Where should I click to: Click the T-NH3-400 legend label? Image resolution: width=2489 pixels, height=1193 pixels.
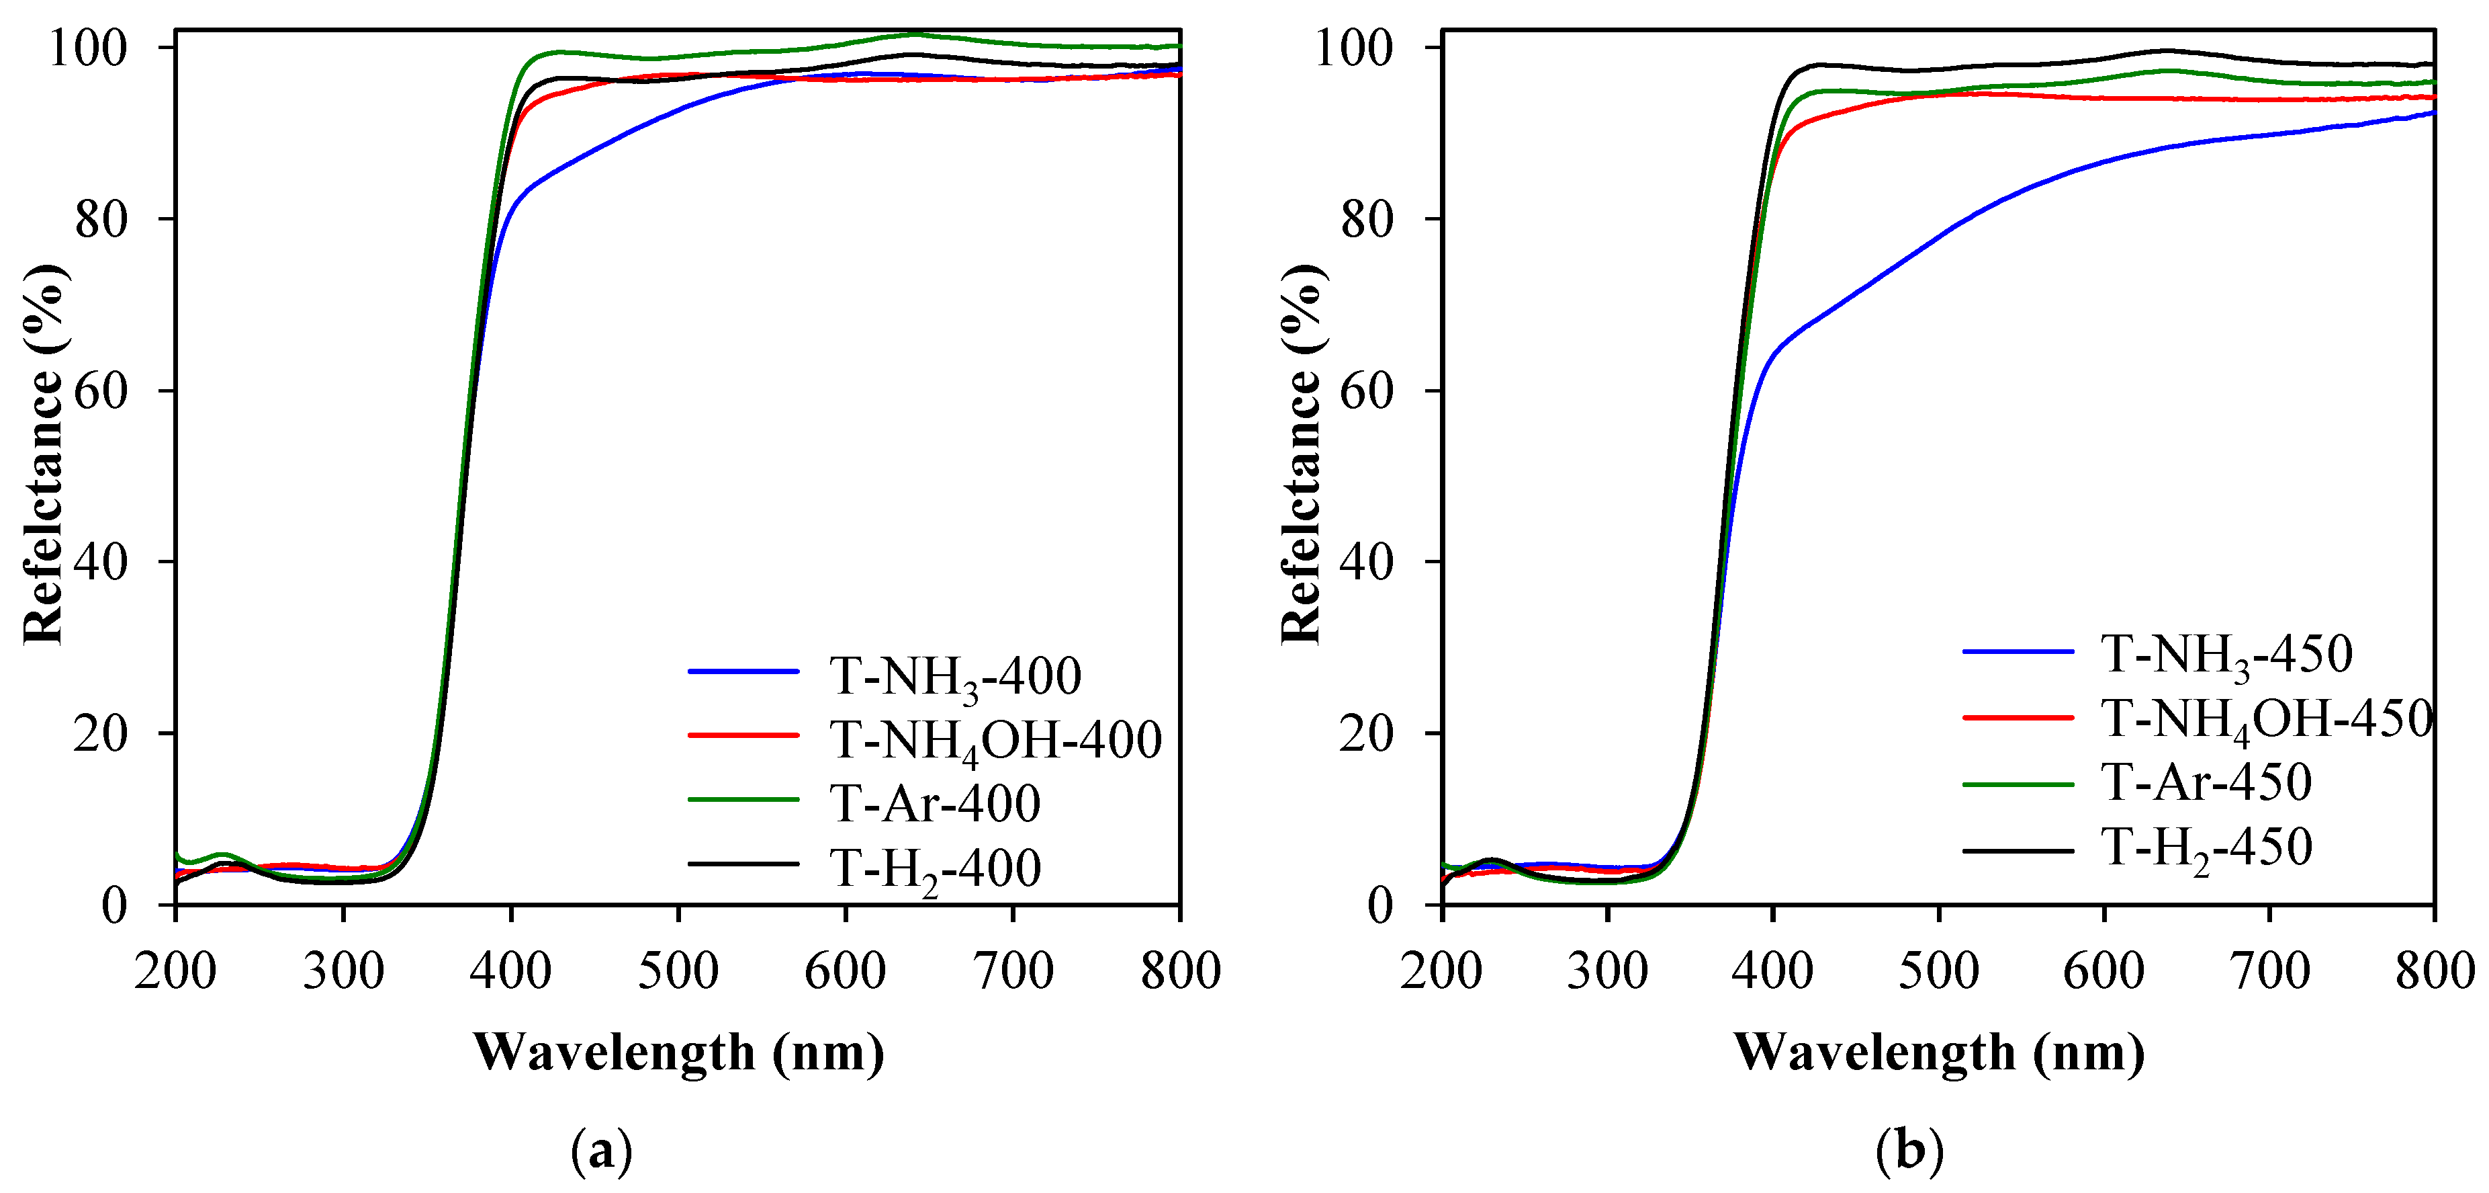pyautogui.click(x=954, y=675)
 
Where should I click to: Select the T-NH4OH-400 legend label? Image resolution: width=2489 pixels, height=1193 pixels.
pyautogui.click(x=995, y=741)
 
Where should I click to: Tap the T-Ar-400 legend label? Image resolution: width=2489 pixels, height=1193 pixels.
pyautogui.click(x=934, y=803)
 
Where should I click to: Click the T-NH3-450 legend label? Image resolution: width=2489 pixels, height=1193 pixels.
pyautogui.click(x=2226, y=655)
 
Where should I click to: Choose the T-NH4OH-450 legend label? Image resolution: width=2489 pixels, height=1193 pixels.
pyautogui.click(x=2266, y=718)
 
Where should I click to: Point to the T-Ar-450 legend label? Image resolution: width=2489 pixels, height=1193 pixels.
pyautogui.click(x=2206, y=782)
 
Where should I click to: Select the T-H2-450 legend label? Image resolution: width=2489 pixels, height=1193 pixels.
pyautogui.click(x=2206, y=847)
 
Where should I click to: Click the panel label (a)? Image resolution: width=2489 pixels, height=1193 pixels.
pyautogui.click(x=601, y=1151)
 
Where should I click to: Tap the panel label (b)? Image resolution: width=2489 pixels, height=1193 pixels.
pyautogui.click(x=1909, y=1151)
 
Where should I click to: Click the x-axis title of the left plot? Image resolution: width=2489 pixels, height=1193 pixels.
pyautogui.click(x=678, y=1053)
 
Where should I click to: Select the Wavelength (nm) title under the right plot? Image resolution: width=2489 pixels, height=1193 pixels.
pyautogui.click(x=1938, y=1053)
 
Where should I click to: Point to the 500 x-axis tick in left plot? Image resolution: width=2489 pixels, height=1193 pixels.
pyautogui.click(x=678, y=971)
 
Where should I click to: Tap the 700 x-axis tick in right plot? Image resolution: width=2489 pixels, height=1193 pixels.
pyautogui.click(x=2269, y=971)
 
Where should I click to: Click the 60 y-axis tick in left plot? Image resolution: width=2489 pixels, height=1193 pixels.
pyautogui.click(x=101, y=390)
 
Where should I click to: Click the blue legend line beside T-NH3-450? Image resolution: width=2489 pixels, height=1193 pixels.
pyautogui.click(x=2018, y=653)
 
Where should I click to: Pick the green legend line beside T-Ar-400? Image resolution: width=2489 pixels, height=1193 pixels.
pyautogui.click(x=743, y=800)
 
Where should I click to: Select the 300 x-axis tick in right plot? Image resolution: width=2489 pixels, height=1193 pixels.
pyautogui.click(x=1606, y=971)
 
